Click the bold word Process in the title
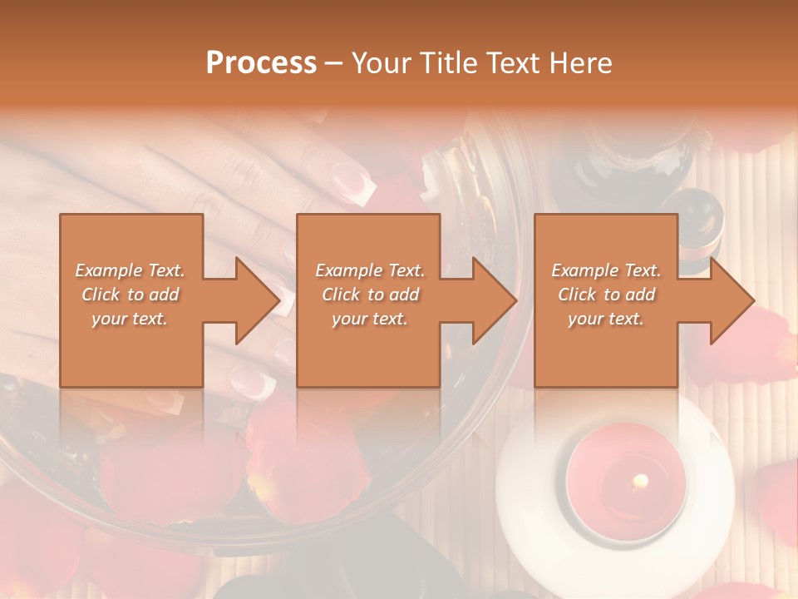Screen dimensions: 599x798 pyautogui.click(x=261, y=63)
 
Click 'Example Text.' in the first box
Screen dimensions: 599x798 pyautogui.click(x=131, y=270)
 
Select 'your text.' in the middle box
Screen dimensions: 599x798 pyautogui.click(x=369, y=319)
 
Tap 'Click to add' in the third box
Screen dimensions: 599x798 pyautogui.click(x=606, y=295)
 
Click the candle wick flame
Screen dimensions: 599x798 pyautogui.click(x=640, y=480)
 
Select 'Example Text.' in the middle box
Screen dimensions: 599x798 pyautogui.click(x=369, y=270)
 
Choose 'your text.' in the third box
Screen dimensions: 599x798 pyautogui.click(x=606, y=319)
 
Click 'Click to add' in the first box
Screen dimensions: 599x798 pyautogui.click(x=131, y=295)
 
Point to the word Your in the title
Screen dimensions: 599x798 pyautogui.click(x=383, y=63)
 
